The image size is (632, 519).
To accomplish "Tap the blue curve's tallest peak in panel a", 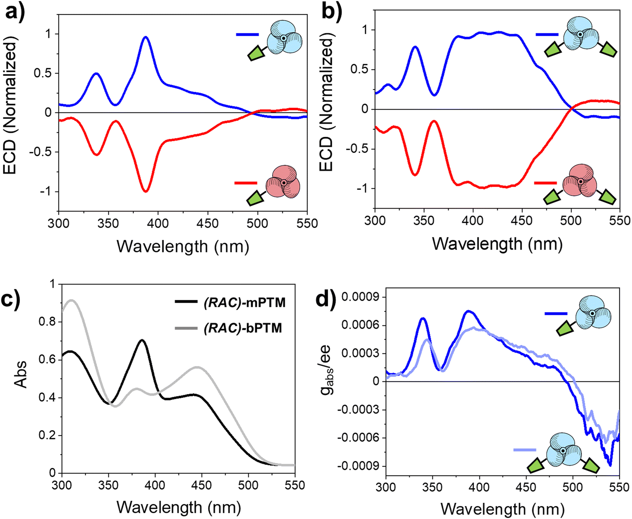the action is coord(146,37).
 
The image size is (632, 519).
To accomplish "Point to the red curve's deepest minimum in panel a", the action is coord(146,191).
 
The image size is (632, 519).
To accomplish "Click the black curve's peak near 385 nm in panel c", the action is coord(142,340).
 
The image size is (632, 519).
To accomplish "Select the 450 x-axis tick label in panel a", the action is coord(208,224).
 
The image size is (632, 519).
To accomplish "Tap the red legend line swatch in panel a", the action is coord(246,183).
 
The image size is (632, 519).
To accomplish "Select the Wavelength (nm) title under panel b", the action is coord(497,244).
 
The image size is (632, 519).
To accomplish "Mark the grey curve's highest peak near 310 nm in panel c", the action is coord(71,300).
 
